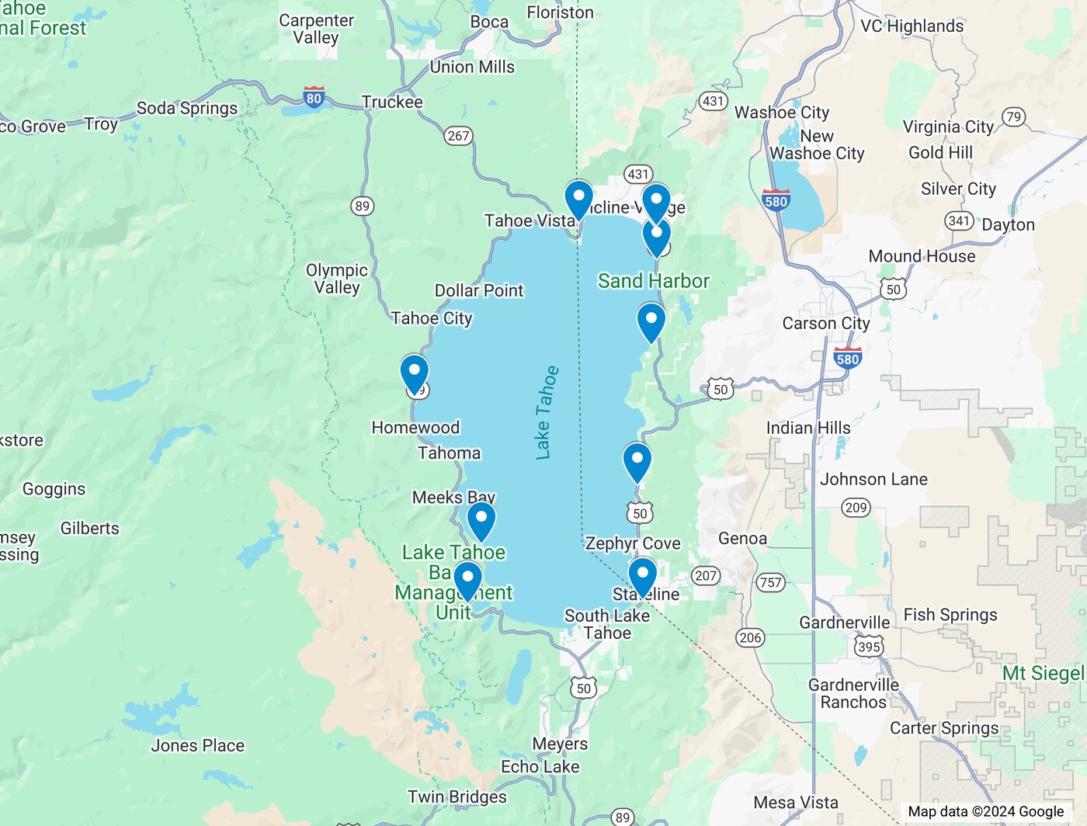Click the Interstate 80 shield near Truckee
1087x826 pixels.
click(x=314, y=98)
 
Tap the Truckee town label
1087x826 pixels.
click(x=392, y=102)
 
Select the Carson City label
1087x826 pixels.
click(x=825, y=323)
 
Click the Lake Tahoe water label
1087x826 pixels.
click(x=547, y=412)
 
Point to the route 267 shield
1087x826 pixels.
click(x=458, y=136)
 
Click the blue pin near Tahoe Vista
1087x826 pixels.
click(x=578, y=198)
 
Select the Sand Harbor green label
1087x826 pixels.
click(x=653, y=281)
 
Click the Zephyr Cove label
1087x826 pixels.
click(x=633, y=543)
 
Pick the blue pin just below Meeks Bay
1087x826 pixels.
click(x=481, y=519)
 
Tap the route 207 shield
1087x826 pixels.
click(x=705, y=575)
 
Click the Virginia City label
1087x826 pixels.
click(x=948, y=127)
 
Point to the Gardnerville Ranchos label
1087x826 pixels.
click(x=853, y=693)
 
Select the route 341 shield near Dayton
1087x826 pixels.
click(x=960, y=220)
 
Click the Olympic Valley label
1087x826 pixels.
click(x=337, y=279)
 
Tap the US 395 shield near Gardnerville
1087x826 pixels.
click(x=869, y=647)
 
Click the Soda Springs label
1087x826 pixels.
click(x=187, y=108)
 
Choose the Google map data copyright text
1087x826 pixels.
click(x=985, y=811)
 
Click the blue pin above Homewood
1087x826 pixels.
click(x=415, y=372)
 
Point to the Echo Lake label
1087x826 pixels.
click(x=540, y=767)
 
